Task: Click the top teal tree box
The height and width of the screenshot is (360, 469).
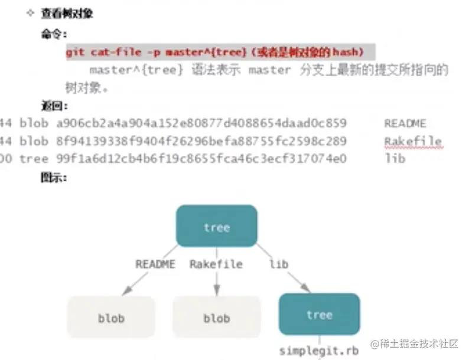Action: pos(216,225)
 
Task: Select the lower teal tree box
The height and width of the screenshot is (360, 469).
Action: pos(319,314)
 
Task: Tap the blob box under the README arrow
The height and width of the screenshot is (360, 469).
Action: pos(111,318)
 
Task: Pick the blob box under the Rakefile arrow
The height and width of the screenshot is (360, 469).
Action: pos(216,318)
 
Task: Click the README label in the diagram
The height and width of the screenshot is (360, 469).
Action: pos(155,264)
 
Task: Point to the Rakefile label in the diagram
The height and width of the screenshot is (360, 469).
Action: pos(216,264)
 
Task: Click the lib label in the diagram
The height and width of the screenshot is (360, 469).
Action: pos(279,264)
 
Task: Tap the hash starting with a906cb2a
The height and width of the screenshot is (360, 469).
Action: pos(201,123)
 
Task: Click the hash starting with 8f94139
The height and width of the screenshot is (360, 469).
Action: pos(201,141)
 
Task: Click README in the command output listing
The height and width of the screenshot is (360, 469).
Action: pos(405,123)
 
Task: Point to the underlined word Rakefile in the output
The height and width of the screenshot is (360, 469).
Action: pos(413,141)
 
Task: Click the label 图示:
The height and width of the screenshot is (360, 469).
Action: pos(53,176)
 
